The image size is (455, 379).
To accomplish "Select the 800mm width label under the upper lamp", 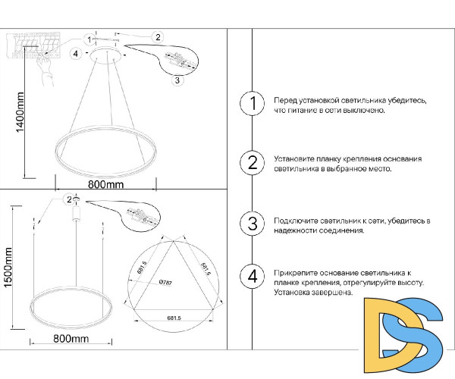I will (x=105, y=184).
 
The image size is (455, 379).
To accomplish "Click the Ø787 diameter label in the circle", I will (x=167, y=282).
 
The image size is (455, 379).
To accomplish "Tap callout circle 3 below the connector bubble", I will (x=176, y=80).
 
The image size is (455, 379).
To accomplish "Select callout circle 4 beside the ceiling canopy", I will (x=75, y=53).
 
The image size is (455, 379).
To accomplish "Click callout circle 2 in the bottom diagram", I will (x=69, y=199).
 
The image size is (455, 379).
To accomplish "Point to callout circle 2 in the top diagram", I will (x=157, y=36).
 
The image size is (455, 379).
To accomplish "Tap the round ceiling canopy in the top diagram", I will (x=106, y=55).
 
